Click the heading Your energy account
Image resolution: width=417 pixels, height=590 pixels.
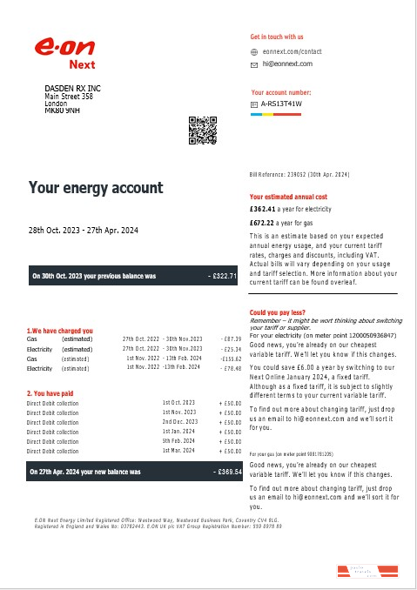tap(96, 188)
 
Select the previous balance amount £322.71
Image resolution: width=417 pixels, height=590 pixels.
tap(223, 276)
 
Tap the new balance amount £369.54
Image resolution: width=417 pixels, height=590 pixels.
tap(226, 472)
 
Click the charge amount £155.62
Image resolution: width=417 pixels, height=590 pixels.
tap(230, 359)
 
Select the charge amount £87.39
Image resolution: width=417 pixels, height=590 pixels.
tap(232, 339)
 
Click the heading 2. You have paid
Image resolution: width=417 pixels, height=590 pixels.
tap(55, 393)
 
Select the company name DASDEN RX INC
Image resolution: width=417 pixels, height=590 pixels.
tap(73, 89)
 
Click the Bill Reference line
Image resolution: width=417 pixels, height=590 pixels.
tap(299, 174)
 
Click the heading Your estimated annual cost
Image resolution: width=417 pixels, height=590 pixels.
tap(288, 197)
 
